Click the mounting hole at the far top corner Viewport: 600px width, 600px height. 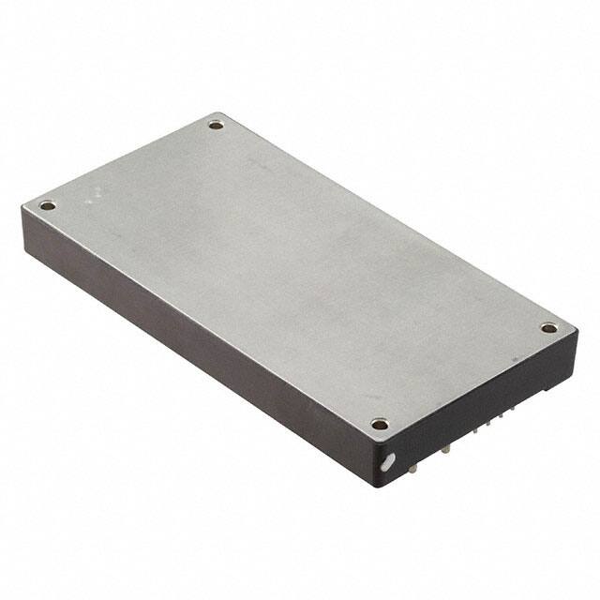pos(217,123)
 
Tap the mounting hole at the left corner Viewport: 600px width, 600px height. pos(48,205)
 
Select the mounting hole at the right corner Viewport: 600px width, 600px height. pos(548,328)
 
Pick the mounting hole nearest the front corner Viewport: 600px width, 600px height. pos(379,424)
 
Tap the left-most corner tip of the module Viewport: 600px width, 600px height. pos(22,208)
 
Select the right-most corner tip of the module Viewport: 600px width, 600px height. pos(574,330)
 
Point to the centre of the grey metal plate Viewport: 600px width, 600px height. pos(298,272)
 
